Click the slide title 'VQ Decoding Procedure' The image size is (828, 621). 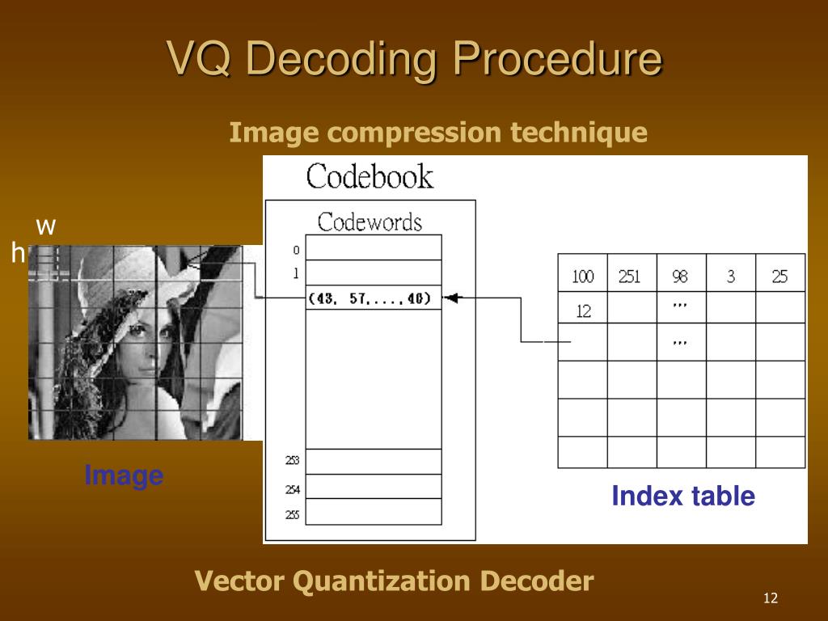414,60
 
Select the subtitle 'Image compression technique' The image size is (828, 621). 438,132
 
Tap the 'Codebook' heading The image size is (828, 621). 370,177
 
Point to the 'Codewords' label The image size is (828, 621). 370,222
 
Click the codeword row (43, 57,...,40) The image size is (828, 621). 373,298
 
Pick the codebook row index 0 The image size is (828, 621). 296,250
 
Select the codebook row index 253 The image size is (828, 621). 293,461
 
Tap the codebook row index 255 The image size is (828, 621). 293,514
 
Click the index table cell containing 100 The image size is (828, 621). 583,277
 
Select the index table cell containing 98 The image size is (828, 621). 681,277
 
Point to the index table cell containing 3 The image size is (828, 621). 731,277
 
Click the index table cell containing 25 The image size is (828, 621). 779,277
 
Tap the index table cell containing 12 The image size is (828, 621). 583,310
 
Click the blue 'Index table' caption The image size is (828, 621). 683,496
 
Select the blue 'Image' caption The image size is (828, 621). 124,475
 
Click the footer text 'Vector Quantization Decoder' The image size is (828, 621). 395,581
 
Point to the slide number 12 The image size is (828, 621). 770,598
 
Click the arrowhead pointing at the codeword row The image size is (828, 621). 450,298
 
